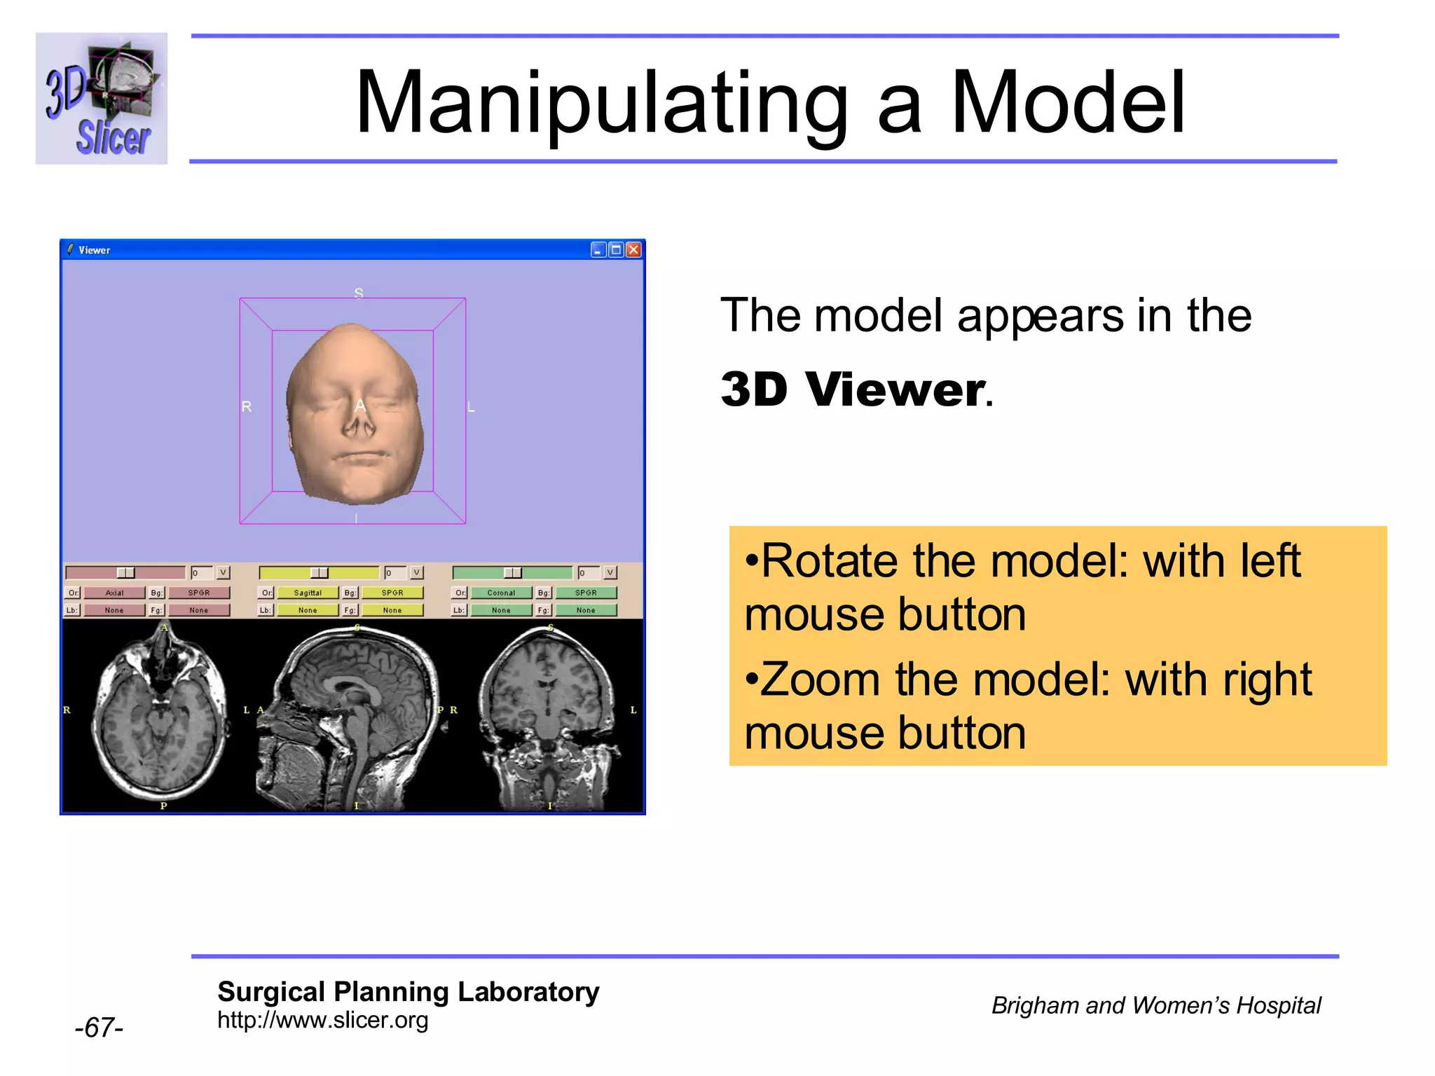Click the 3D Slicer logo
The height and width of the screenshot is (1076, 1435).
(102, 98)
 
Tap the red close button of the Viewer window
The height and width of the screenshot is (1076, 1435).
(633, 250)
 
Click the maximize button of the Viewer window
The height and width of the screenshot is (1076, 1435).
(616, 250)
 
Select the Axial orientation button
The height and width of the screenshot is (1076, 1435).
(114, 593)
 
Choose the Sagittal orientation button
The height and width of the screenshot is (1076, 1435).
(308, 593)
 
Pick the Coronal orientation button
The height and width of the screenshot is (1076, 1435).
(501, 593)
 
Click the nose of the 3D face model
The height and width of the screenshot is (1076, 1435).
(359, 421)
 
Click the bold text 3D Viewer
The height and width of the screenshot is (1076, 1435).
(853, 389)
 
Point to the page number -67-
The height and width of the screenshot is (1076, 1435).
(99, 1028)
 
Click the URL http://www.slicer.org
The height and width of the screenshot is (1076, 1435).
(322, 1021)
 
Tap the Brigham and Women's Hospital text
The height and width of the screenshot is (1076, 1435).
(1155, 1006)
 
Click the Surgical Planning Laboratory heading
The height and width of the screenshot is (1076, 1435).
(408, 992)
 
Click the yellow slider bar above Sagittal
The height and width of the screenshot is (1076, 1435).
(319, 573)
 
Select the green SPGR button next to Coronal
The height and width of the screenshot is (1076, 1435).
(586, 593)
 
